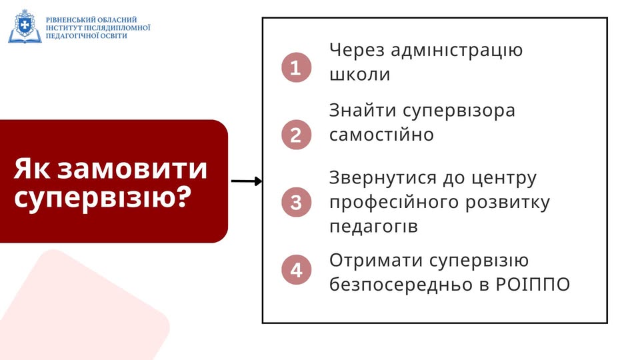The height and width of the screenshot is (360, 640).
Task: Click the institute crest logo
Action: click(25, 27)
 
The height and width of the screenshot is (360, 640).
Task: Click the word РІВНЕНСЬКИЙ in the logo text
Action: click(71, 19)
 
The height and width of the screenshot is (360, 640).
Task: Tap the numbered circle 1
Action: click(296, 67)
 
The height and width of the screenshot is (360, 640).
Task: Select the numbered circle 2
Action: click(296, 135)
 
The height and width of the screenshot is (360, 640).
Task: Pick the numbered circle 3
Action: click(296, 202)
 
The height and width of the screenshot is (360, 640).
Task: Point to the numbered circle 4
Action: click(296, 270)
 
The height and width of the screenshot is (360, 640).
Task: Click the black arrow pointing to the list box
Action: click(247, 181)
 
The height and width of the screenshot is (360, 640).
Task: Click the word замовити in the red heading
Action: click(132, 169)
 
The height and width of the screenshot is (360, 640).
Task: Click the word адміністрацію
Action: click(457, 51)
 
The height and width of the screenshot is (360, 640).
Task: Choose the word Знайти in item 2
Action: click(363, 110)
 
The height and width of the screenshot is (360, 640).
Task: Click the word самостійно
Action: click(381, 135)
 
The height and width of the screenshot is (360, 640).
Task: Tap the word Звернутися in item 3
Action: click(383, 179)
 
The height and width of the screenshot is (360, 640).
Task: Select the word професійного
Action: click(394, 203)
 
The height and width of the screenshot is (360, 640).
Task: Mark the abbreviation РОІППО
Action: click(533, 285)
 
